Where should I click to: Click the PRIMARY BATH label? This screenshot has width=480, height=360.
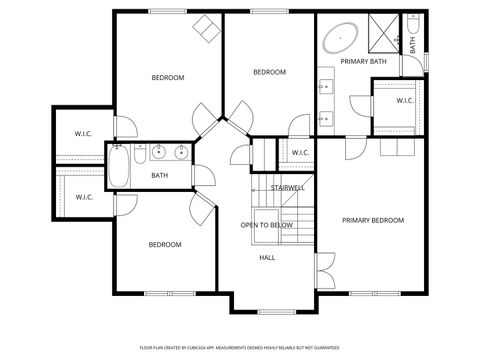tap(363, 62)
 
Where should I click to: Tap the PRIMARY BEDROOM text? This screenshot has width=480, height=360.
tap(373, 220)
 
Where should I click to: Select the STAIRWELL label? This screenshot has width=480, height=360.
tap(287, 188)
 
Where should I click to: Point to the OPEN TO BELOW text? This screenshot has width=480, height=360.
tap(267, 225)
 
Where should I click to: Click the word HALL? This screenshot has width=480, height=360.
tap(267, 257)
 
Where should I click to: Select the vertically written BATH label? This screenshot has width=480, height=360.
tap(412, 45)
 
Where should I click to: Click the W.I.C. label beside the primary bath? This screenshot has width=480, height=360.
tap(405, 100)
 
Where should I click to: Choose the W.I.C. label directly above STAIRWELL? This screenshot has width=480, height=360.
tap(301, 153)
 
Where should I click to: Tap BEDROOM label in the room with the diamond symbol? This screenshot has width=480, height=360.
tap(167, 78)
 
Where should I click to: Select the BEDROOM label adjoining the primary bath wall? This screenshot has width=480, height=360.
tap(269, 72)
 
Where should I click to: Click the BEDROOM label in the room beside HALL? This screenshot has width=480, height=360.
tap(165, 245)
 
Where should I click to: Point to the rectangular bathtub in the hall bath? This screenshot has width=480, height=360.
tap(118, 165)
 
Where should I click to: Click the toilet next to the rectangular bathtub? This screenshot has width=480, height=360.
tap(140, 155)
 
